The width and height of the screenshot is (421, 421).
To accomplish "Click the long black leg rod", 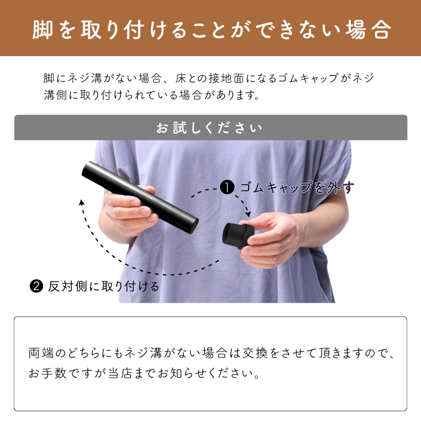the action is coord(140,198).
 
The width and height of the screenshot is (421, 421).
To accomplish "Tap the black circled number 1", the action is coord(227,187).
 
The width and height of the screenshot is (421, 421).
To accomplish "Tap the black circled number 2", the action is coord(36,286).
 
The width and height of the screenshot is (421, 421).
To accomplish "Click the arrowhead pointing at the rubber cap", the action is coord(248,214).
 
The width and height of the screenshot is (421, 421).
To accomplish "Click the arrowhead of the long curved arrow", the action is coord(81,202).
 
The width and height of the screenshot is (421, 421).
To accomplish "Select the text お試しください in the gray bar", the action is coord(209,127).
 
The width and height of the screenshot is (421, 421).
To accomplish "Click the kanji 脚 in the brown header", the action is coord(43,30).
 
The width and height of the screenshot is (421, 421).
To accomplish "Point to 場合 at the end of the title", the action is coord(368,30).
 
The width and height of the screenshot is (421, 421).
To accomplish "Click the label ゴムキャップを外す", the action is coord(297,187).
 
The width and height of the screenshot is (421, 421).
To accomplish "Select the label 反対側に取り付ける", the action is coord(104,286).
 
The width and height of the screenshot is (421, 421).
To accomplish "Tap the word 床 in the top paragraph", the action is coord(181,78).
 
